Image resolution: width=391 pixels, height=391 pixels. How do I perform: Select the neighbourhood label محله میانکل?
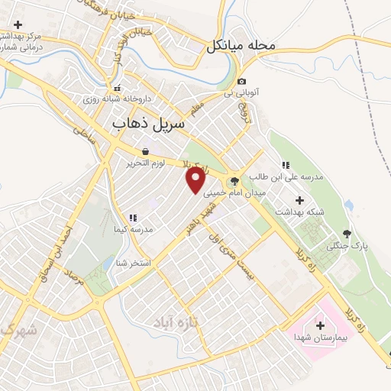tap(241, 46)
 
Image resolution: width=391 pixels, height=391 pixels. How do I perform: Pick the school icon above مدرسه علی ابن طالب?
tap(285, 164)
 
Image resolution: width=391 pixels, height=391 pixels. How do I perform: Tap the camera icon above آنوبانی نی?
tap(241, 82)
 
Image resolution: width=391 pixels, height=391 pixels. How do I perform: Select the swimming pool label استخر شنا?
tap(133, 263)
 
